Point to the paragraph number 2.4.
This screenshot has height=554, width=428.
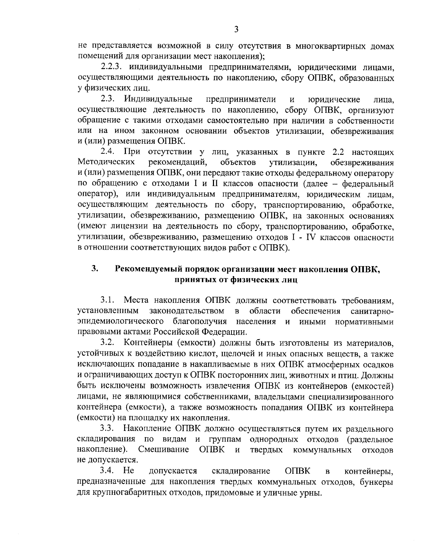[x=107, y=152]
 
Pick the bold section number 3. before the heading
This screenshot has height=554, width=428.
[x=94, y=269]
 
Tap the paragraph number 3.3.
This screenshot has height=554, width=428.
[x=107, y=428]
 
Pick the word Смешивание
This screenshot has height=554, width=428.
[x=163, y=449]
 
